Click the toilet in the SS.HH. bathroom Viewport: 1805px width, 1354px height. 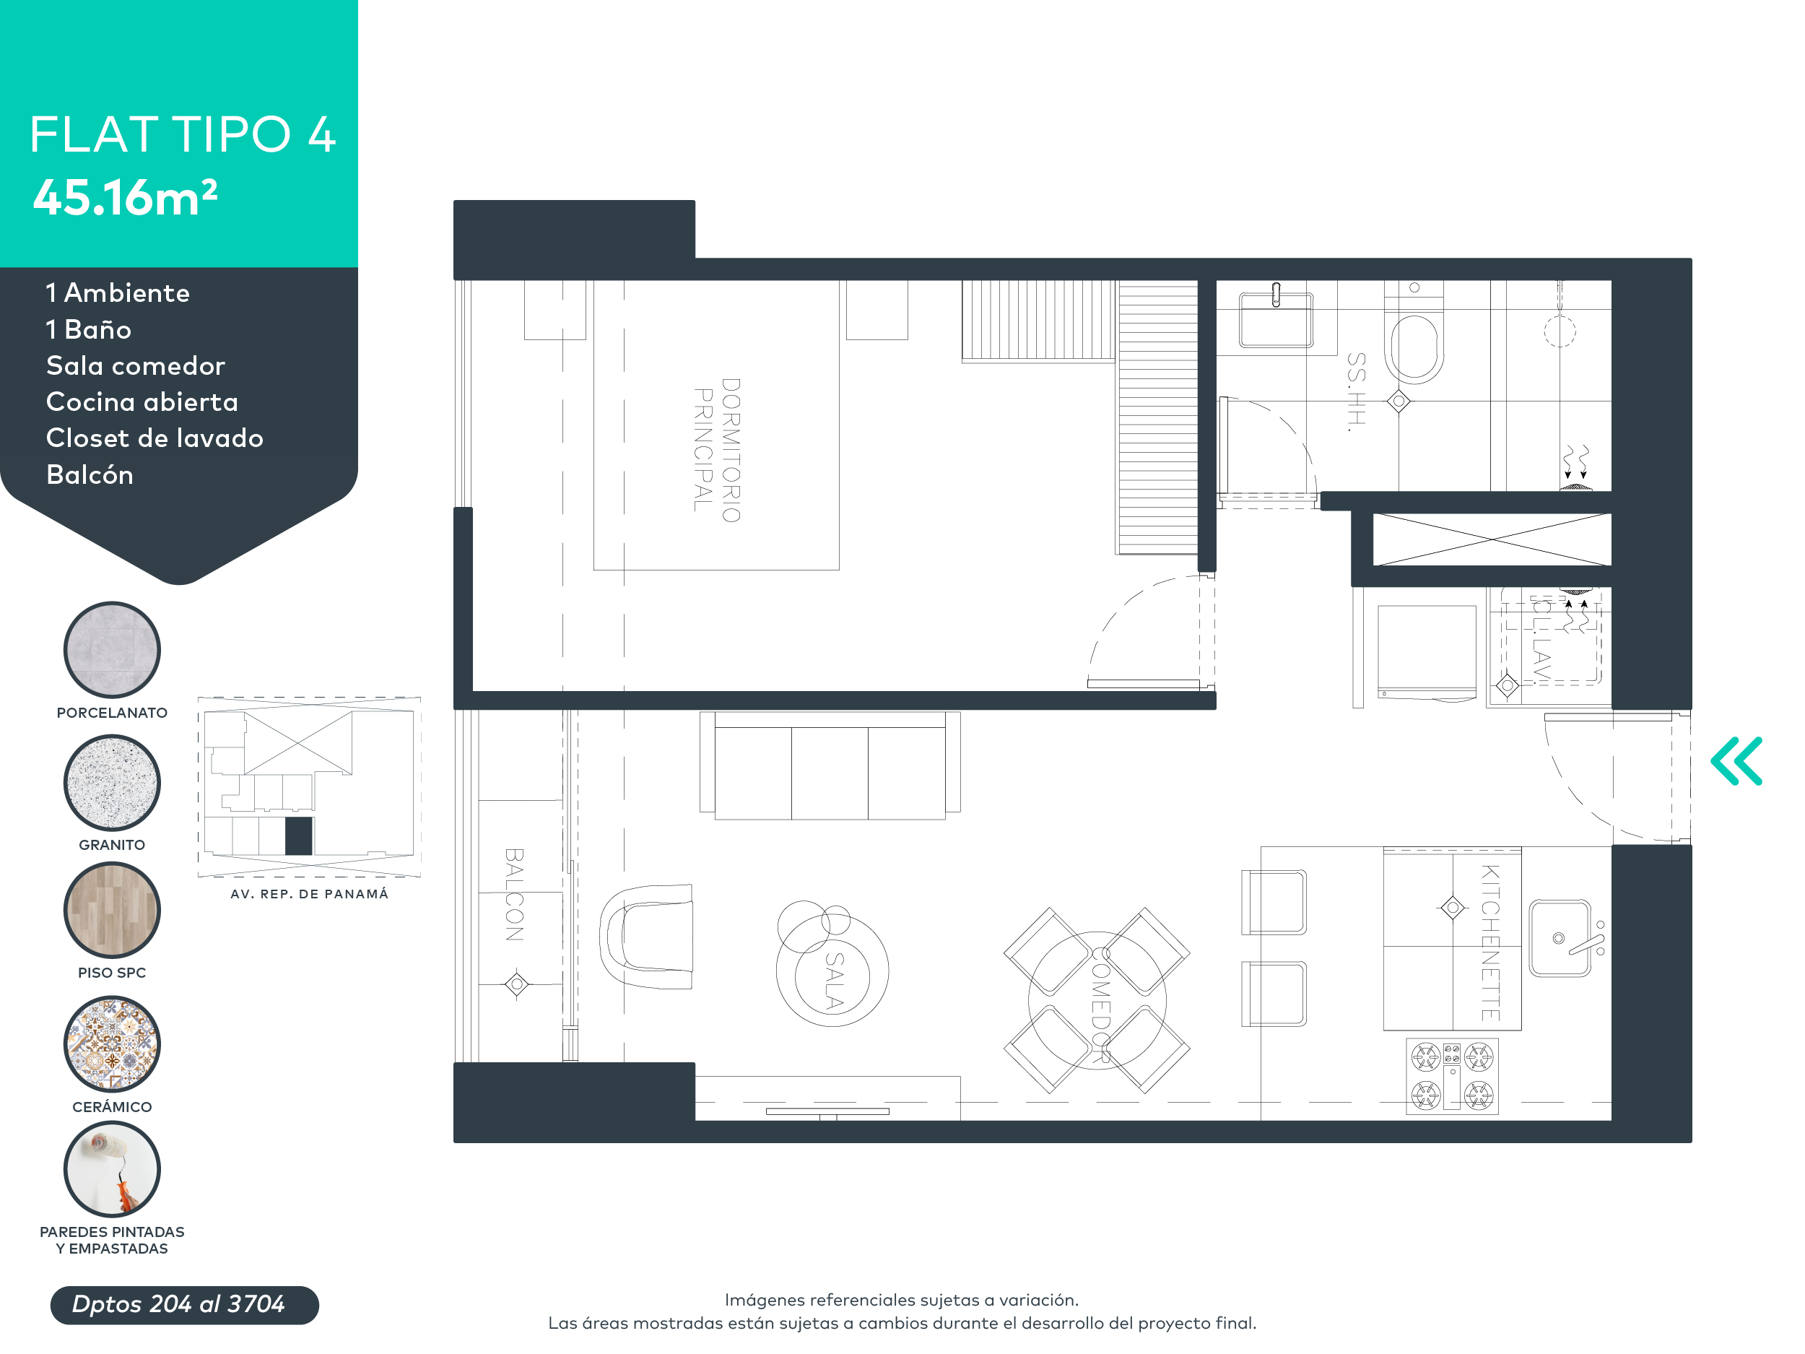[x=1414, y=343]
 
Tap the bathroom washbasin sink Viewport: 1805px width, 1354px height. [x=1276, y=320]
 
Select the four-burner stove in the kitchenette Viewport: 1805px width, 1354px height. [x=1452, y=1076]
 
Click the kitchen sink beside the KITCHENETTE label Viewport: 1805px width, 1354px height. [x=1560, y=938]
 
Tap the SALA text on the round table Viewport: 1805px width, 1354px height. [x=833, y=979]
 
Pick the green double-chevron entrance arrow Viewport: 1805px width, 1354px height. [x=1736, y=760]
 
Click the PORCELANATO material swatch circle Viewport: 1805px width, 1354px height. [x=112, y=650]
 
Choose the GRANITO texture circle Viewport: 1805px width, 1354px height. [x=112, y=782]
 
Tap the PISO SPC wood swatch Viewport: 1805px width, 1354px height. [x=112, y=909]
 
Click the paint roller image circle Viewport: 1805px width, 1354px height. [x=112, y=1168]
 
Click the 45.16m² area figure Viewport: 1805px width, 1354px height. [x=125, y=198]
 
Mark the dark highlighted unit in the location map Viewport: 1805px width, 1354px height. [x=298, y=836]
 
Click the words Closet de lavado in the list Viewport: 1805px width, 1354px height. [x=155, y=438]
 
